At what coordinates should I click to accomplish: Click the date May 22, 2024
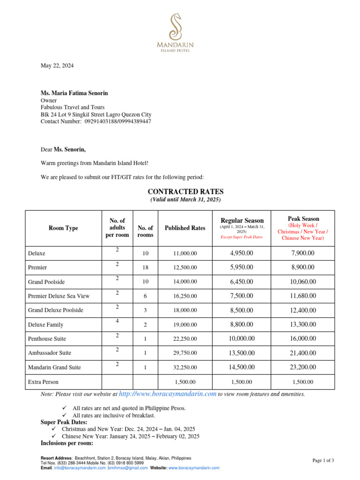[57, 66]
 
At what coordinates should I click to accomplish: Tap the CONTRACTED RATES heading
[186, 192]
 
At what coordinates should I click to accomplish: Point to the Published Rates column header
[185, 228]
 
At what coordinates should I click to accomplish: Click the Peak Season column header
[303, 218]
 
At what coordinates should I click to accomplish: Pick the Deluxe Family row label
[45, 324]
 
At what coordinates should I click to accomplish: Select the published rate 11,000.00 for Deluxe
[185, 254]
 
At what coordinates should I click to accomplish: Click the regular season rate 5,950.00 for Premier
[241, 267]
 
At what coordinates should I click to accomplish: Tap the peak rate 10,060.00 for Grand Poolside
[303, 281]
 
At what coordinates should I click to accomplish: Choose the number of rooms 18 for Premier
[145, 267]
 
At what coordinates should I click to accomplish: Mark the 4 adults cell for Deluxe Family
[117, 321]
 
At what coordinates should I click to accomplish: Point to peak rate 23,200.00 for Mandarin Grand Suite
[303, 367]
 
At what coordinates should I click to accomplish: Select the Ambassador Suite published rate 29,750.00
[185, 353]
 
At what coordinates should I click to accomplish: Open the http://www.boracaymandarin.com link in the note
[168, 394]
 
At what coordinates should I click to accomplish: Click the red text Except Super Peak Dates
[241, 237]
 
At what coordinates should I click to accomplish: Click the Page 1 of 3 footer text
[323, 461]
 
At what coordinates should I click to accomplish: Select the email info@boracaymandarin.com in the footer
[79, 468]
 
